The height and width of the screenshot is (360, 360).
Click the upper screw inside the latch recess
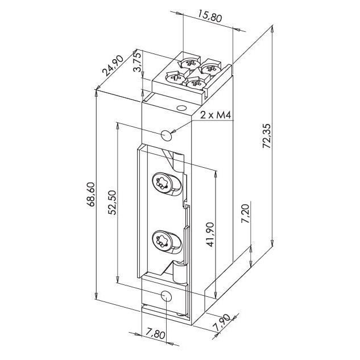(162, 183)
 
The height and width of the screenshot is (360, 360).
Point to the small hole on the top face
(181, 108)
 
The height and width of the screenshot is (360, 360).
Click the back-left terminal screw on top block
(189, 63)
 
